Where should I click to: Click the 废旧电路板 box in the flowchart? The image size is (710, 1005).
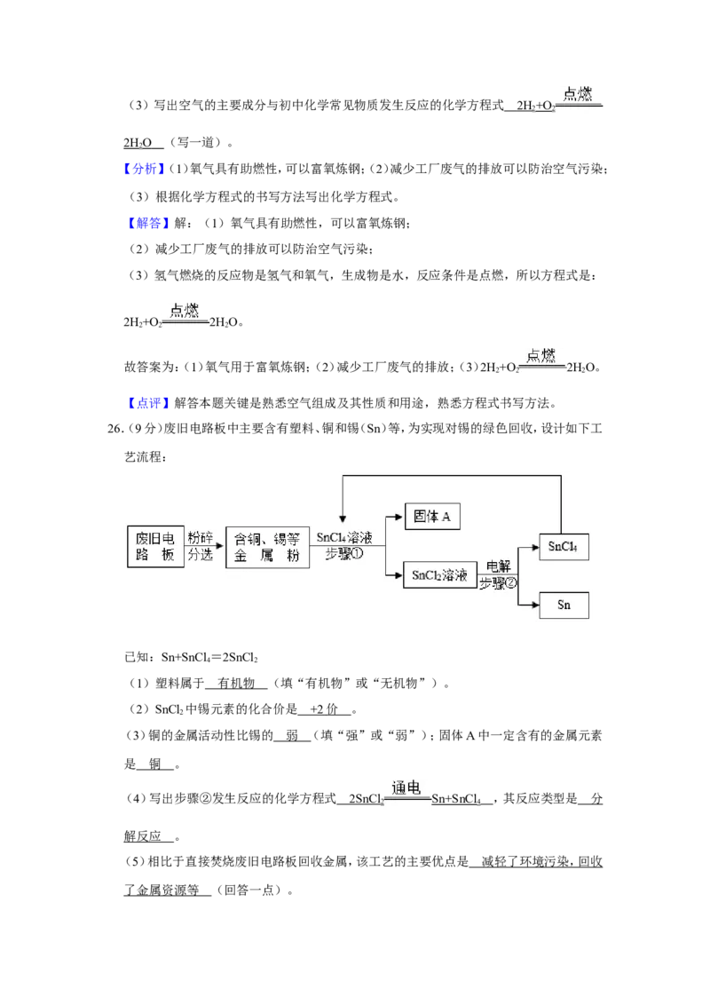[155, 547]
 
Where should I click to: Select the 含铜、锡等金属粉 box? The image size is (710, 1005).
[268, 547]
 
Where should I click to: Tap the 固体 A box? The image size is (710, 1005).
[432, 517]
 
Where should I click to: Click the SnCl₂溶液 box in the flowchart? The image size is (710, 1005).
[440, 575]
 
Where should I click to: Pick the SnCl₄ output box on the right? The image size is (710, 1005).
[564, 547]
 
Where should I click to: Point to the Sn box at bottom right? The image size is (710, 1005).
[564, 605]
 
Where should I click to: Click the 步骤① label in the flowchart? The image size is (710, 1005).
[344, 554]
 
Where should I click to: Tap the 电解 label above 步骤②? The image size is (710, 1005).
[498, 566]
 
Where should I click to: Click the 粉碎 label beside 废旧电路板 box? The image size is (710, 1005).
[200, 537]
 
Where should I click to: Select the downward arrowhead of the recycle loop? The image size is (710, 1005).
[343, 518]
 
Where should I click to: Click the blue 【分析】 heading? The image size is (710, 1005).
[144, 169]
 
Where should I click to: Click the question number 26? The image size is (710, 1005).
[115, 429]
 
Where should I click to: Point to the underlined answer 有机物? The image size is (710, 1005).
[236, 684]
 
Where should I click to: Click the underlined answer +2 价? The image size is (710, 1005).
[324, 709]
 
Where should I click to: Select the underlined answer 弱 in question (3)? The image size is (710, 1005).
[292, 736]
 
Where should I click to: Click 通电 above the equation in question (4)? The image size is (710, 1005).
[406, 787]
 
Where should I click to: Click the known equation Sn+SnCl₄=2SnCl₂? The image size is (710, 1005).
[209, 658]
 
